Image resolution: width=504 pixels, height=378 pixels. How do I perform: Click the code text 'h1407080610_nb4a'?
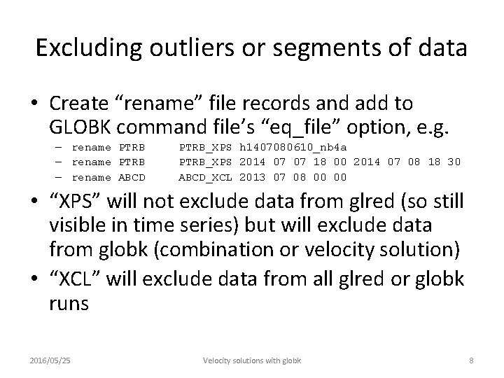click(x=293, y=148)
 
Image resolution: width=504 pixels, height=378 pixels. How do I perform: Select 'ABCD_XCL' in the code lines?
click(x=205, y=176)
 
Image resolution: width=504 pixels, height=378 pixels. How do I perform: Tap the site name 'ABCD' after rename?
click(x=132, y=176)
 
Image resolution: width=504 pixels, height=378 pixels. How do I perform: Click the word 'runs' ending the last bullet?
click(x=69, y=304)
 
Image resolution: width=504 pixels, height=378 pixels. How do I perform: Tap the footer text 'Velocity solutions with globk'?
click(x=252, y=360)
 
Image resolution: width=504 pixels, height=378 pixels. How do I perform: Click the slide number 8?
click(x=471, y=360)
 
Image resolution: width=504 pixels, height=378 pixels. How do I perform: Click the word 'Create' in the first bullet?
click(x=74, y=104)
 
